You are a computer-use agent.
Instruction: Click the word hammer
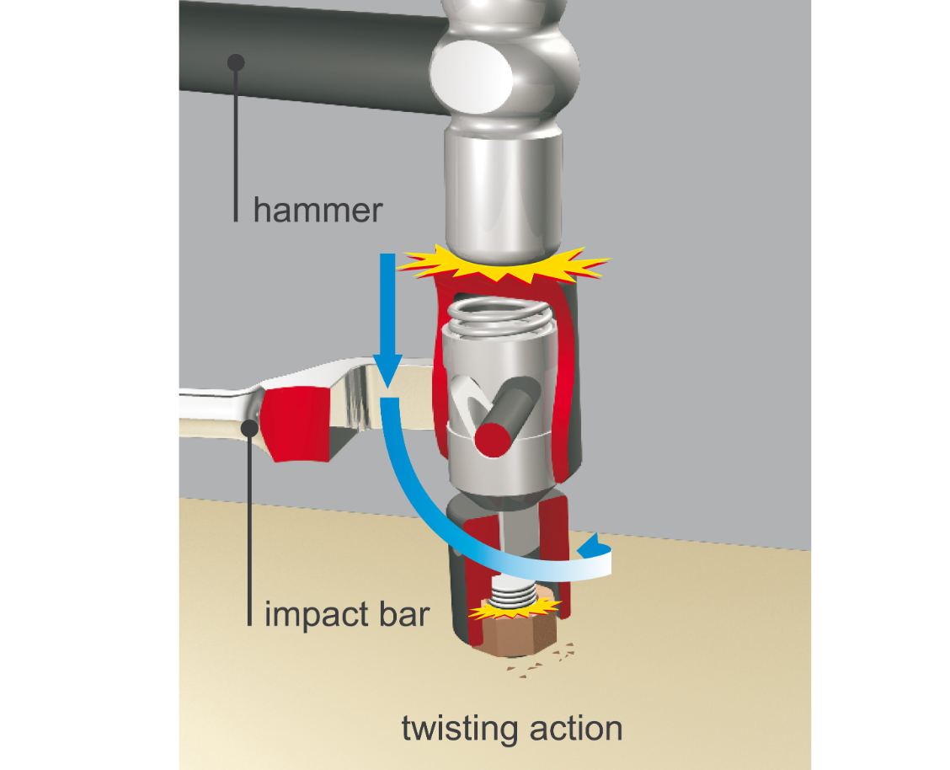[x=318, y=209]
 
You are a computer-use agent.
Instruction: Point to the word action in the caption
[x=575, y=727]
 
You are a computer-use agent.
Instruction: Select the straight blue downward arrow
[x=385, y=320]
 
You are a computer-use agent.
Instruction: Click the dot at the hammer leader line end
[x=237, y=61]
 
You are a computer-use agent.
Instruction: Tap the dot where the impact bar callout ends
[x=250, y=427]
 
